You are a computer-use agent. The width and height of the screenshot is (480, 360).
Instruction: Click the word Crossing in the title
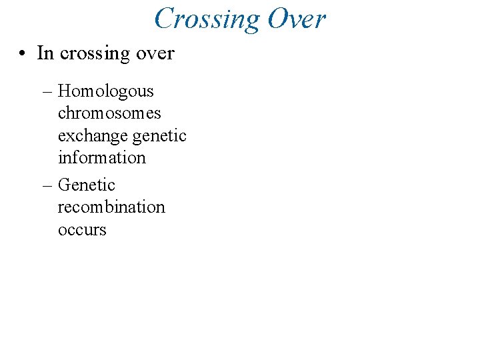[x=207, y=19]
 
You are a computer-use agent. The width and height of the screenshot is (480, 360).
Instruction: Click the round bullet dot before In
[x=23, y=53]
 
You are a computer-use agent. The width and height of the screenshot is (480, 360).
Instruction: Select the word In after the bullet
[x=45, y=53]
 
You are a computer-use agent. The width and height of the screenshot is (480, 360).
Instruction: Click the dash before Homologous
[x=50, y=91]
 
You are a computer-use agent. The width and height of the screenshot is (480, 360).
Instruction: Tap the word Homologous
[x=106, y=92]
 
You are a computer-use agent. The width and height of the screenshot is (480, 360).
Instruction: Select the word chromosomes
[x=109, y=113]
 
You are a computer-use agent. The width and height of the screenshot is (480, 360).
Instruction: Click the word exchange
[x=93, y=137]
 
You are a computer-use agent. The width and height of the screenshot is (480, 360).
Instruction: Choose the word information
[x=101, y=158]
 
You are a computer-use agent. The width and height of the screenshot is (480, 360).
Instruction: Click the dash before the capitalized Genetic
[x=50, y=185]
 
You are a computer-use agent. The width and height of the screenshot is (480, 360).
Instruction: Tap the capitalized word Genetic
[x=87, y=185]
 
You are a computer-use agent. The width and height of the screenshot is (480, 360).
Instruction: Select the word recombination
[x=111, y=207]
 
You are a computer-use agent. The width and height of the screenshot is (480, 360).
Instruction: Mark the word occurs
[x=82, y=230]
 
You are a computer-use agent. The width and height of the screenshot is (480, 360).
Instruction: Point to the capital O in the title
[x=278, y=19]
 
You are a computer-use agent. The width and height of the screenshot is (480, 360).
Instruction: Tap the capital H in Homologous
[x=64, y=91]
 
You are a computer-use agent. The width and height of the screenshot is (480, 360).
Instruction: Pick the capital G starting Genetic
[x=65, y=185]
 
